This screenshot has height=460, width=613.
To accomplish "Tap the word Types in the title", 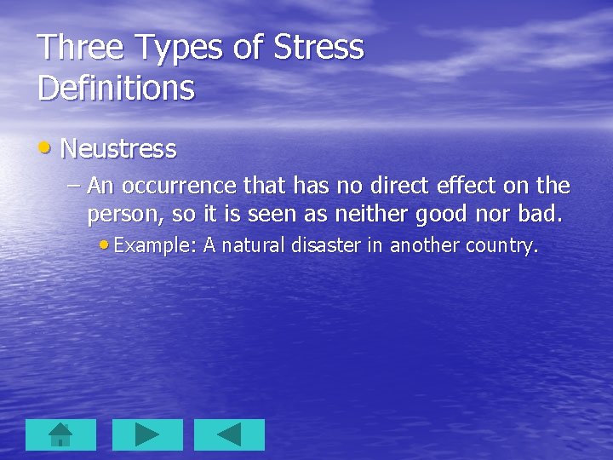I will (x=177, y=49).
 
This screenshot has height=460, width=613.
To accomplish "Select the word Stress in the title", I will (x=318, y=48).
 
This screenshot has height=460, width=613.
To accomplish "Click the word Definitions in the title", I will (x=116, y=88).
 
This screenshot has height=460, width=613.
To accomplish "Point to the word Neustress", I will (x=118, y=149).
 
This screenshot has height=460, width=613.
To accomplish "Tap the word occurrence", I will (x=178, y=185).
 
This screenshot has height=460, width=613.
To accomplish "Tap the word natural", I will (x=255, y=245).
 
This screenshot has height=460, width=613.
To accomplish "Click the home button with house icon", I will (x=60, y=434).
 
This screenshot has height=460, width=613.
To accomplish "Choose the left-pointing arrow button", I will (x=229, y=434).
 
